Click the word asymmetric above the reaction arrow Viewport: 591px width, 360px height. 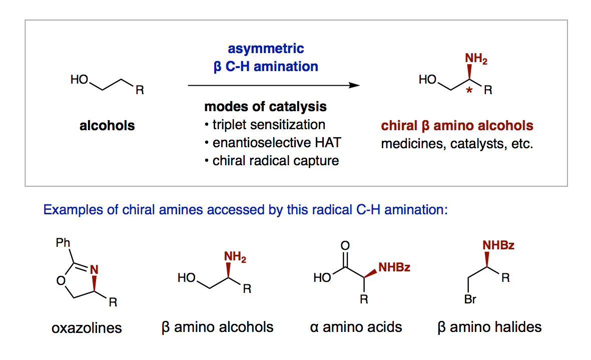pyautogui.click(x=266, y=49)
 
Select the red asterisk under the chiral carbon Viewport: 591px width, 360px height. pyautogui.click(x=469, y=91)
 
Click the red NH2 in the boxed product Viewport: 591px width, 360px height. pyautogui.click(x=476, y=59)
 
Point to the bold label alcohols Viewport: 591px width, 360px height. pyautogui.click(x=107, y=126)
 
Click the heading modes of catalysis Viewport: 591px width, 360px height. pyautogui.click(x=265, y=107)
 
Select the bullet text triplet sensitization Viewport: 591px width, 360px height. pyautogui.click(x=269, y=125)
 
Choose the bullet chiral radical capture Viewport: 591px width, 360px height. pyautogui.click(x=276, y=161)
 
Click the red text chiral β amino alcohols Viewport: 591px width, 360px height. pyautogui.click(x=457, y=126)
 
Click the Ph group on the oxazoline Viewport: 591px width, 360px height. pyautogui.click(x=63, y=243)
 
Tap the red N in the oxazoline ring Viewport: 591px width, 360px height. pyautogui.click(x=94, y=269)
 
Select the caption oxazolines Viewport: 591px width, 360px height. pyautogui.click(x=87, y=328)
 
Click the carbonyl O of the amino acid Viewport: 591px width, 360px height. pyautogui.click(x=345, y=246)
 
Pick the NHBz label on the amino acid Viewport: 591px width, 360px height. pyautogui.click(x=394, y=267)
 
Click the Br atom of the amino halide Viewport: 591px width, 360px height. pyautogui.click(x=470, y=299)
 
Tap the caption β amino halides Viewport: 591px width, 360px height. pyautogui.click(x=489, y=327)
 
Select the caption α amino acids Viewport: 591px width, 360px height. pyautogui.click(x=356, y=327)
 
